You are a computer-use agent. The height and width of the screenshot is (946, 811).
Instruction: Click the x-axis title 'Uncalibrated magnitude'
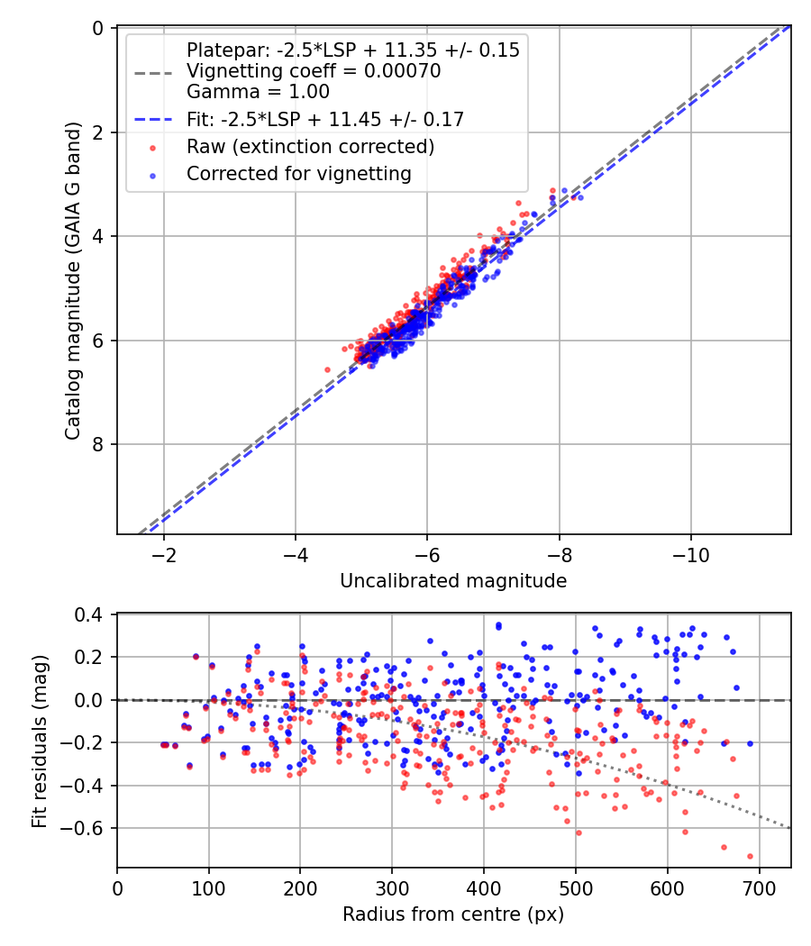[453, 581]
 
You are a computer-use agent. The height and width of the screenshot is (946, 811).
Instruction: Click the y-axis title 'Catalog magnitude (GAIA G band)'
[74, 281]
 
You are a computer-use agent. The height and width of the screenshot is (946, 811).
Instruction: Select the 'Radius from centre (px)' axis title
[453, 914]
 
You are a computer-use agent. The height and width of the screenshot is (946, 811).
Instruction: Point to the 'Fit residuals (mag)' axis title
[39, 741]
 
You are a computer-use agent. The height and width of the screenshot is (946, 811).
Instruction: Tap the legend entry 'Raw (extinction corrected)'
[310, 147]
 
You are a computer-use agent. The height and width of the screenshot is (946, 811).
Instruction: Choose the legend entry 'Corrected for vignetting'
[298, 174]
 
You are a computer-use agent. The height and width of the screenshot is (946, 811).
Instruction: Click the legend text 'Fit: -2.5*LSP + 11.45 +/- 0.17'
[324, 119]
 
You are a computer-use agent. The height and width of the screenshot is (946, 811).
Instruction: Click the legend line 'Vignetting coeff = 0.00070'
[313, 71]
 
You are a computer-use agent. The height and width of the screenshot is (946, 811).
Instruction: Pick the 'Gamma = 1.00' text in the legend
[258, 91]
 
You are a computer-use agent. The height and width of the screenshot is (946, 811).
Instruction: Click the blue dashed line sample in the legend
[154, 119]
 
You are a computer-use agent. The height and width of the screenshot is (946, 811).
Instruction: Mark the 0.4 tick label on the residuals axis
[95, 615]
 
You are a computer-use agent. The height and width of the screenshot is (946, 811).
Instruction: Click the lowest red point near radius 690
[750, 856]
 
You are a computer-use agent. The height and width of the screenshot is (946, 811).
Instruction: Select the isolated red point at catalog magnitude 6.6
[328, 369]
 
